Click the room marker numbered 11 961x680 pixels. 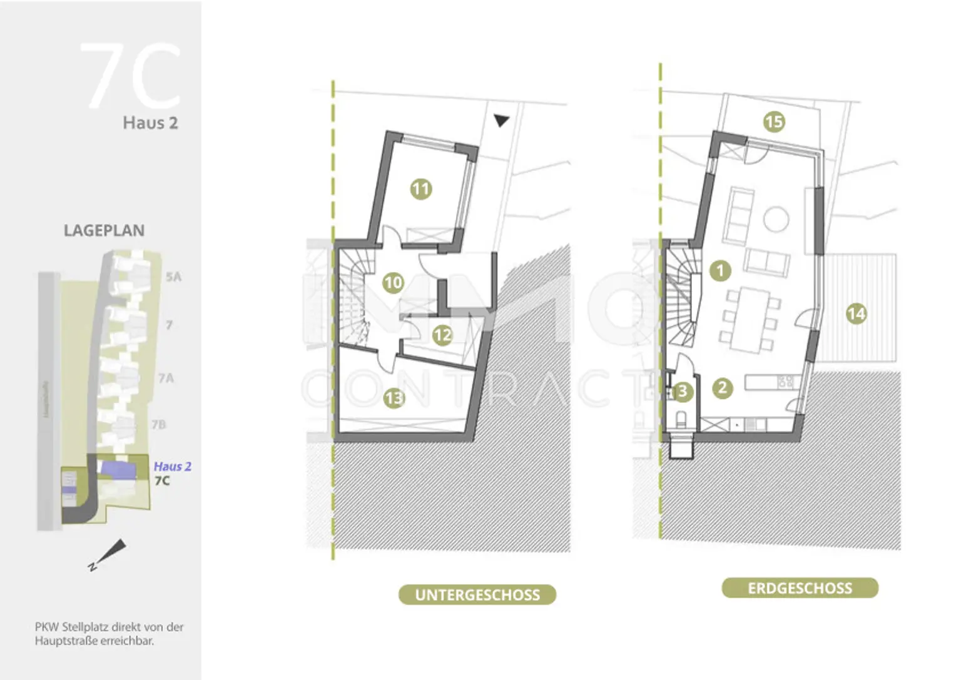[421, 189]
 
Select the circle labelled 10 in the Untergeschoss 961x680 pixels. [393, 283]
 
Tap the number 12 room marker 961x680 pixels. [442, 335]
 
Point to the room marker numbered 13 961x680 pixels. [394, 398]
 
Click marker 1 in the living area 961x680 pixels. [720, 270]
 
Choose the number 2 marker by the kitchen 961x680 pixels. [723, 388]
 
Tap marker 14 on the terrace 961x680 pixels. [856, 313]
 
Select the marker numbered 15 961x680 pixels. [774, 121]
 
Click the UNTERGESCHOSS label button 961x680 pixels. [477, 595]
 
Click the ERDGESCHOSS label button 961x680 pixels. [800, 588]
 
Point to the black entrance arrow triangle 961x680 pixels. [501, 120]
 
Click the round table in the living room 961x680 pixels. [776, 219]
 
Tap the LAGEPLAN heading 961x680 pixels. [104, 231]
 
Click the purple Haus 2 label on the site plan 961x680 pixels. [172, 467]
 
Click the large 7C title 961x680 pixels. [131, 76]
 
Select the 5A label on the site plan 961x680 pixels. [173, 277]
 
